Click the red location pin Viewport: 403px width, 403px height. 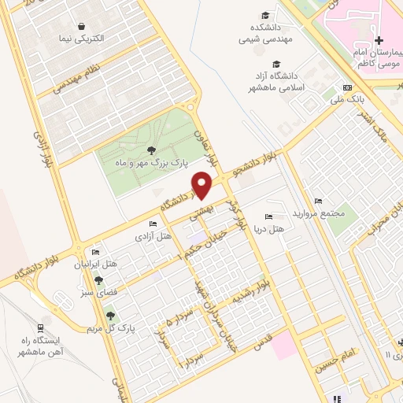pos(203,187)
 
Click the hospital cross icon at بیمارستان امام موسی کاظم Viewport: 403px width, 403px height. pos(379,40)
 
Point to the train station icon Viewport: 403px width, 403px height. pos(39,327)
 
